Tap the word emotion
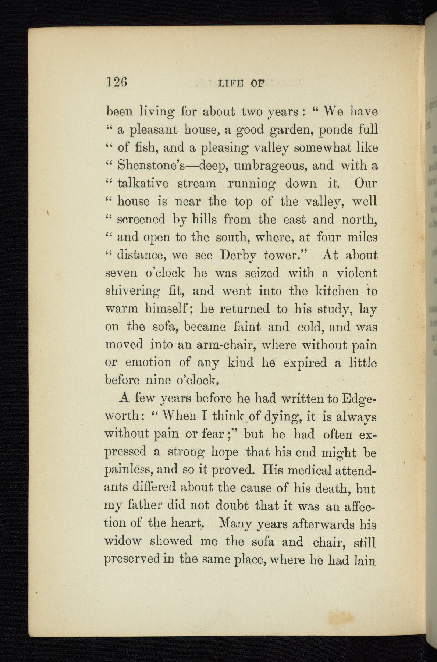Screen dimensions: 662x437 [x=148, y=363]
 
